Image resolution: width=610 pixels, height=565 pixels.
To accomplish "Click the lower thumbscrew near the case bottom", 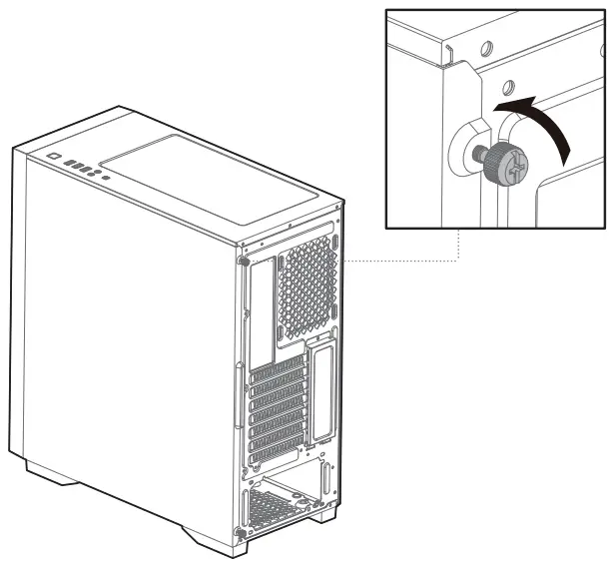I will pos(239,532).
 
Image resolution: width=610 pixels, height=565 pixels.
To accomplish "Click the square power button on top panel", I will pos(53,158).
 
